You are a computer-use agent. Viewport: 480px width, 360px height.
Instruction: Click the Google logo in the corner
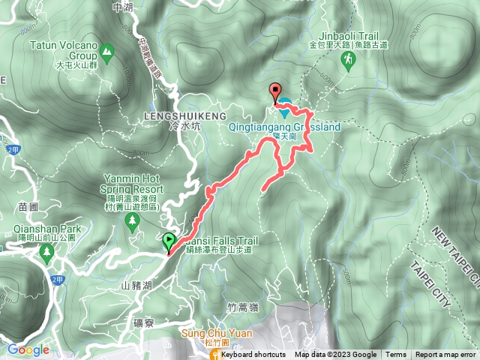tap(28, 350)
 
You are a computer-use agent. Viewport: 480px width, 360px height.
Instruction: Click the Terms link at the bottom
tap(395, 355)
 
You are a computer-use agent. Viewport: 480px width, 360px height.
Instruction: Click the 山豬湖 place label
tap(136, 286)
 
